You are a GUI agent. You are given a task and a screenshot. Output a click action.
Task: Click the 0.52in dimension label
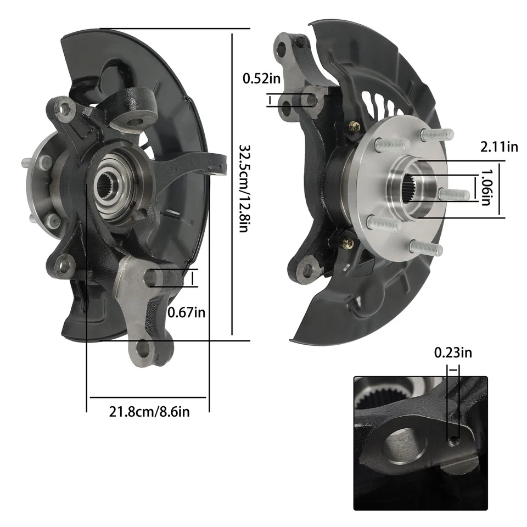pyautogui.click(x=261, y=78)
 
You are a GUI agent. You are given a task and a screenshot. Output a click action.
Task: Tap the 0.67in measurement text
pyautogui.click(x=187, y=312)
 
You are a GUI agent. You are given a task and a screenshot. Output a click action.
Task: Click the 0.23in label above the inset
pyautogui.click(x=453, y=352)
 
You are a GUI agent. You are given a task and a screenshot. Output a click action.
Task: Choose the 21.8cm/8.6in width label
pyautogui.click(x=149, y=411)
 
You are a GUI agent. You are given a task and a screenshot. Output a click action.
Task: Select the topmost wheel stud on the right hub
pyautogui.click(x=437, y=134)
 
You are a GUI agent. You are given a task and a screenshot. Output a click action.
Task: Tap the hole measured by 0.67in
pyautogui.click(x=153, y=278)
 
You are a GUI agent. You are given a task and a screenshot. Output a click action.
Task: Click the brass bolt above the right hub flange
pyautogui.click(x=355, y=127)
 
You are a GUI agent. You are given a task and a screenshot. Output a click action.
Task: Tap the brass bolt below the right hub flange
pyautogui.click(x=347, y=242)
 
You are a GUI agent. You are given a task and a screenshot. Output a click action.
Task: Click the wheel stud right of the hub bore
pyautogui.click(x=456, y=194)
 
